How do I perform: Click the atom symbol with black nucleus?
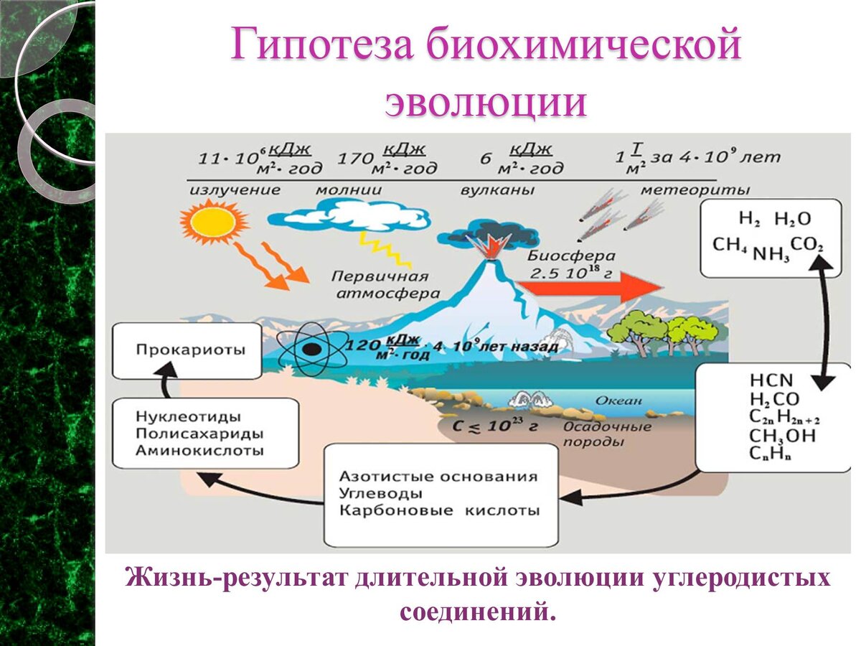[310, 349]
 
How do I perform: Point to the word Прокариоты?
[189, 350]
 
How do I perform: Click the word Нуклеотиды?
[188, 416]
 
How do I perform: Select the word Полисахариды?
[199, 434]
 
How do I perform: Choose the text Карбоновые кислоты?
[439, 511]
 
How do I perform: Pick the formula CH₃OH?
[783, 435]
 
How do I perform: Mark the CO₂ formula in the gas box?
[808, 245]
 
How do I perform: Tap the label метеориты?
[695, 190]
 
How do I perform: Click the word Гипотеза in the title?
[322, 45]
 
